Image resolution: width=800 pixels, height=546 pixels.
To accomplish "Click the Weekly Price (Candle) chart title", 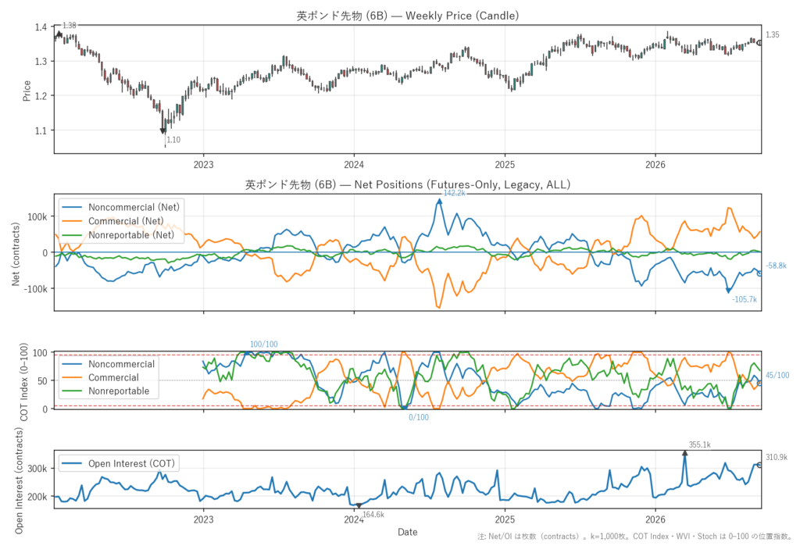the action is pyautogui.click(x=408, y=16).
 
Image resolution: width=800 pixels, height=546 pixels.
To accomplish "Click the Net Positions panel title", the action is pyautogui.click(x=408, y=184).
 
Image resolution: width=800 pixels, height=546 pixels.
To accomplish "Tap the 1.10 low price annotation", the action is pyautogui.click(x=173, y=140).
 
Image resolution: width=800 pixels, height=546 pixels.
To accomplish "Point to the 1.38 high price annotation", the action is pyautogui.click(x=70, y=26).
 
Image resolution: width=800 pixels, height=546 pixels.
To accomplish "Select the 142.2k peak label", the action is pyautogui.click(x=454, y=193).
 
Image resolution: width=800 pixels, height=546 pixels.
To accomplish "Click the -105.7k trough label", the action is pyautogui.click(x=745, y=299).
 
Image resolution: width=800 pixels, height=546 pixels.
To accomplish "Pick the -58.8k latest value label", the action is pyautogui.click(x=776, y=266).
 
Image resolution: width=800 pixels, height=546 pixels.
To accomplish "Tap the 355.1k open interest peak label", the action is pyautogui.click(x=699, y=444).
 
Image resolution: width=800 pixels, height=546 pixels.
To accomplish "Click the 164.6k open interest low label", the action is pyautogui.click(x=373, y=514).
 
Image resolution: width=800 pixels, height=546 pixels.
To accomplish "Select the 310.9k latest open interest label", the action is pyautogui.click(x=776, y=457).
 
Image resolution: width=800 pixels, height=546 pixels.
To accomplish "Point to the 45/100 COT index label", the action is pyautogui.click(x=777, y=375).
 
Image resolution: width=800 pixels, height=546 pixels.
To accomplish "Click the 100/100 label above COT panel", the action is pyautogui.click(x=264, y=344).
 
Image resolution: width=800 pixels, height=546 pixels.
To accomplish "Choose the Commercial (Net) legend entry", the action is pyautogui.click(x=126, y=221).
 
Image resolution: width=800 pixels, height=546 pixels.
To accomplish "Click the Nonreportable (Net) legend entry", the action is pyautogui.click(x=131, y=235).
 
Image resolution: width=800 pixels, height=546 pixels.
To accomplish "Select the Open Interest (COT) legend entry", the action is pyautogui.click(x=131, y=463).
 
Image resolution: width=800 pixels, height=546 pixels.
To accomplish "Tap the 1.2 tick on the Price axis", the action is pyautogui.click(x=41, y=96).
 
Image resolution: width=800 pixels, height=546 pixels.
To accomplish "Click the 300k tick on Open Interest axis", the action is pyautogui.click(x=37, y=469).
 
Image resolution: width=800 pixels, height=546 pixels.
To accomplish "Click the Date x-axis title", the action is pyautogui.click(x=408, y=532).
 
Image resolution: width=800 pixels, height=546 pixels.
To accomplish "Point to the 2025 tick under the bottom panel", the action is pyautogui.click(x=505, y=520).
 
